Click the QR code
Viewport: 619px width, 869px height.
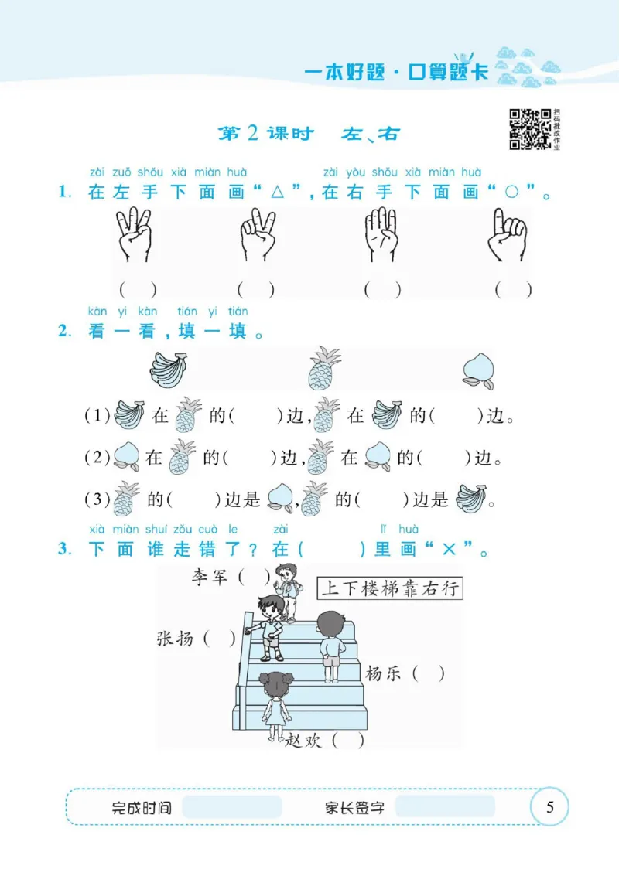point(529,128)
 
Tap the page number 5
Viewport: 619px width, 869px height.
point(550,808)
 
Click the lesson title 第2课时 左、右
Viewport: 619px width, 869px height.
point(309,134)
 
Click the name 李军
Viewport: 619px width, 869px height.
point(210,577)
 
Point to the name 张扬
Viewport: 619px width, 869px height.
point(175,639)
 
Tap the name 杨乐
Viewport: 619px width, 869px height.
point(385,673)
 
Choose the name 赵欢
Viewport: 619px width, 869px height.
point(304,740)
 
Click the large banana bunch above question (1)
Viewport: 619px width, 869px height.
point(168,369)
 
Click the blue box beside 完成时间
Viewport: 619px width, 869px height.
point(232,807)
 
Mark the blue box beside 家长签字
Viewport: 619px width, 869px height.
point(444,807)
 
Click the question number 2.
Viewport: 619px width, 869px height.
point(63,332)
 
